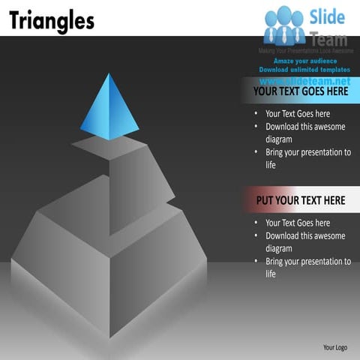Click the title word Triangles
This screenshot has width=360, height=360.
(x=52, y=20)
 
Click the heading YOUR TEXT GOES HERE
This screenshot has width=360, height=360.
(x=301, y=91)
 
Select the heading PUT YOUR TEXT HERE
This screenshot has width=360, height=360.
(x=301, y=200)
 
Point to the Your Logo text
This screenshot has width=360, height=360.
(x=334, y=347)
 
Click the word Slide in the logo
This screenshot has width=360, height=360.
(x=326, y=16)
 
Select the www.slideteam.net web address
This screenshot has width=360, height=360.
(x=305, y=79)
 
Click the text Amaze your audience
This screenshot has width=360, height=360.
(x=305, y=61)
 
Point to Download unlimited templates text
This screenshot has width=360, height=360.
(x=305, y=70)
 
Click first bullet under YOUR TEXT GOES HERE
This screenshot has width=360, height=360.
(x=298, y=114)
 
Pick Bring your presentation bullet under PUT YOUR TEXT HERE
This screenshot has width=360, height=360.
(x=307, y=267)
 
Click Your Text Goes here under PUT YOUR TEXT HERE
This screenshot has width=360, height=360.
(x=298, y=223)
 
